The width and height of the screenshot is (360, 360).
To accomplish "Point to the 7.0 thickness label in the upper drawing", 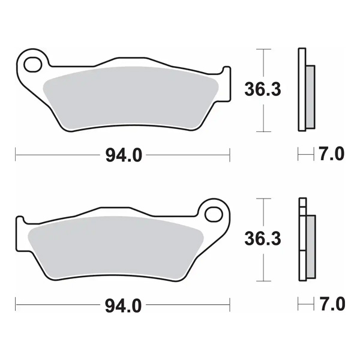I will pos(332,155).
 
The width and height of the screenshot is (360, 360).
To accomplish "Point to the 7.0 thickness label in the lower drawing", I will pos(332,305).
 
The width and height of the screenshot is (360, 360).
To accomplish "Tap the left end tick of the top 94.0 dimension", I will pos(16,155).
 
